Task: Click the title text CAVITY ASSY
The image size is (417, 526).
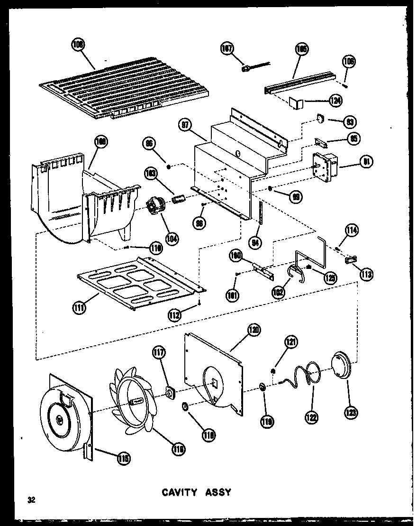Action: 198,492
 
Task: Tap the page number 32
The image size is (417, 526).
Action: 32,499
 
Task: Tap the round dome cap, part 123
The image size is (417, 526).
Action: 342,365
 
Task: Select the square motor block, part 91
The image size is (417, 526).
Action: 325,167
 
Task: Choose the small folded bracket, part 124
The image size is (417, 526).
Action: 296,102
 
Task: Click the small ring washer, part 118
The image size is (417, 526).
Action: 185,406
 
